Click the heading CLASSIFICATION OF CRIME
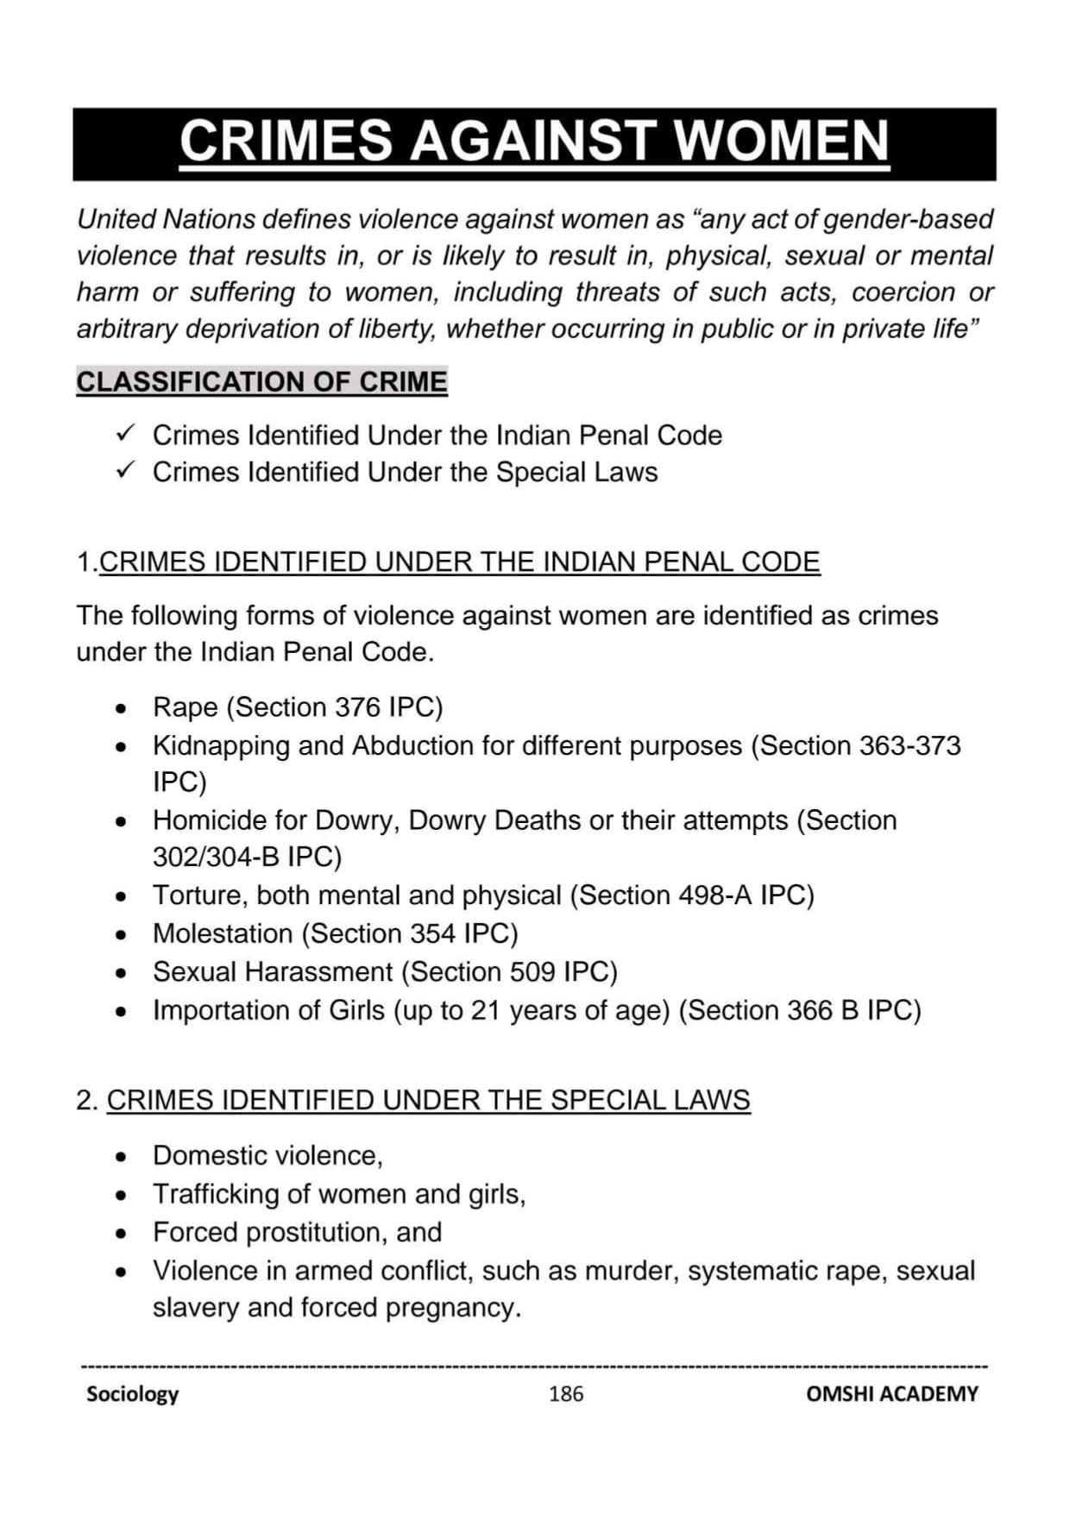261,381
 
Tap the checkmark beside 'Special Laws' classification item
125,469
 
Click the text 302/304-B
216,857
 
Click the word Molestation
223,933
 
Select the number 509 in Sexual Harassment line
532,972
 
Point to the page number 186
566,1394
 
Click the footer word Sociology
132,1394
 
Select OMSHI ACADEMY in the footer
891,1394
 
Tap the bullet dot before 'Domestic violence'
122,1157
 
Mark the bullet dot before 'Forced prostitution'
122,1234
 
